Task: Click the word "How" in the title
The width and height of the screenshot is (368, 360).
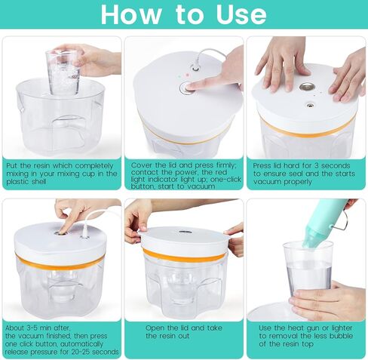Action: coord(130,14)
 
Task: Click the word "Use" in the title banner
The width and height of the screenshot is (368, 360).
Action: coord(241,14)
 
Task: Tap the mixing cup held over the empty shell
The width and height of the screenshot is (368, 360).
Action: coord(63,72)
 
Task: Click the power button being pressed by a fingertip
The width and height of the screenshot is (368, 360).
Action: coord(186,88)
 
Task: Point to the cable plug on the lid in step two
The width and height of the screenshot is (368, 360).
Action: coord(195,67)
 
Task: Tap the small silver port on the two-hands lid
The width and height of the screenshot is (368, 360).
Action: coord(310,104)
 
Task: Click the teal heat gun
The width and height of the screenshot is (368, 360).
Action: coord(324,222)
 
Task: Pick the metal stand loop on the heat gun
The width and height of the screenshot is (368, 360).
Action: coord(342,222)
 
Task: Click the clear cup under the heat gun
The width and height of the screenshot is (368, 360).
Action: coord(308,270)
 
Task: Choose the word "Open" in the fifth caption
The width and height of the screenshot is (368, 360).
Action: coord(155,328)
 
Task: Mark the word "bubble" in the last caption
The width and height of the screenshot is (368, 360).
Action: coord(341,336)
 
